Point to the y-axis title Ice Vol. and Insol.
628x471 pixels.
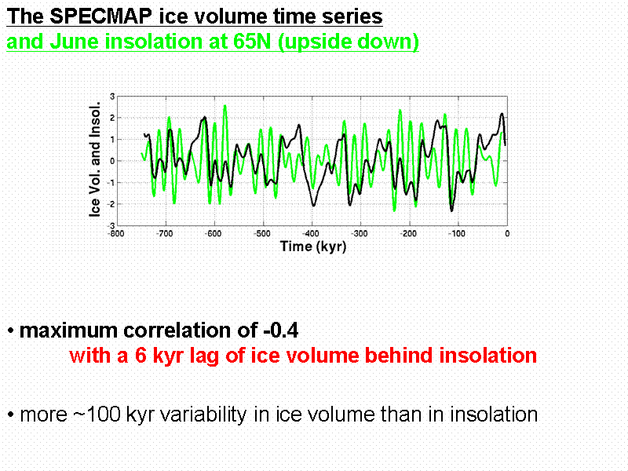(95, 160)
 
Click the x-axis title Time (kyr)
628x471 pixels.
(312, 246)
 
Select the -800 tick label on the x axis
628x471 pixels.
(115, 233)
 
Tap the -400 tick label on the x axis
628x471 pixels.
(311, 233)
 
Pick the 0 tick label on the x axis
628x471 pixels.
(506, 233)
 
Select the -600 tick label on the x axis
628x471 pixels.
(213, 233)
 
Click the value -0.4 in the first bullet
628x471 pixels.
(276, 330)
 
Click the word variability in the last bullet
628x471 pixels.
(196, 414)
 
